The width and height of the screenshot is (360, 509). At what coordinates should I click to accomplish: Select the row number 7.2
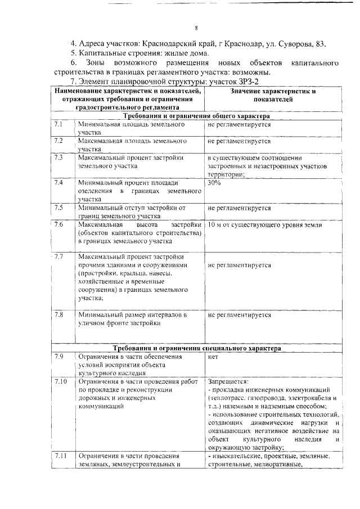pyautogui.click(x=59, y=141)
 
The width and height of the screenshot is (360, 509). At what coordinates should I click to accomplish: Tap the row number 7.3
pyautogui.click(x=59, y=157)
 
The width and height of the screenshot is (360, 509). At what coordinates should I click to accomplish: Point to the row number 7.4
pyautogui.click(x=59, y=183)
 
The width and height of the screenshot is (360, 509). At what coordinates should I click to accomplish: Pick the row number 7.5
pyautogui.click(x=59, y=208)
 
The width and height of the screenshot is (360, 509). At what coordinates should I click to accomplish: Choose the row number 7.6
pyautogui.click(x=60, y=224)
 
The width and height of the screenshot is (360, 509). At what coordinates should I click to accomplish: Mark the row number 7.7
pyautogui.click(x=60, y=257)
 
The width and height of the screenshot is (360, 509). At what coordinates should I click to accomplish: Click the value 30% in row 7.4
pyautogui.click(x=214, y=183)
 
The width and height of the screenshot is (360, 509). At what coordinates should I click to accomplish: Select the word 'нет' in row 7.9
pyautogui.click(x=213, y=357)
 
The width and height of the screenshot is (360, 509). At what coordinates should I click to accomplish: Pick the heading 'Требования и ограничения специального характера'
pyautogui.click(x=196, y=348)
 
